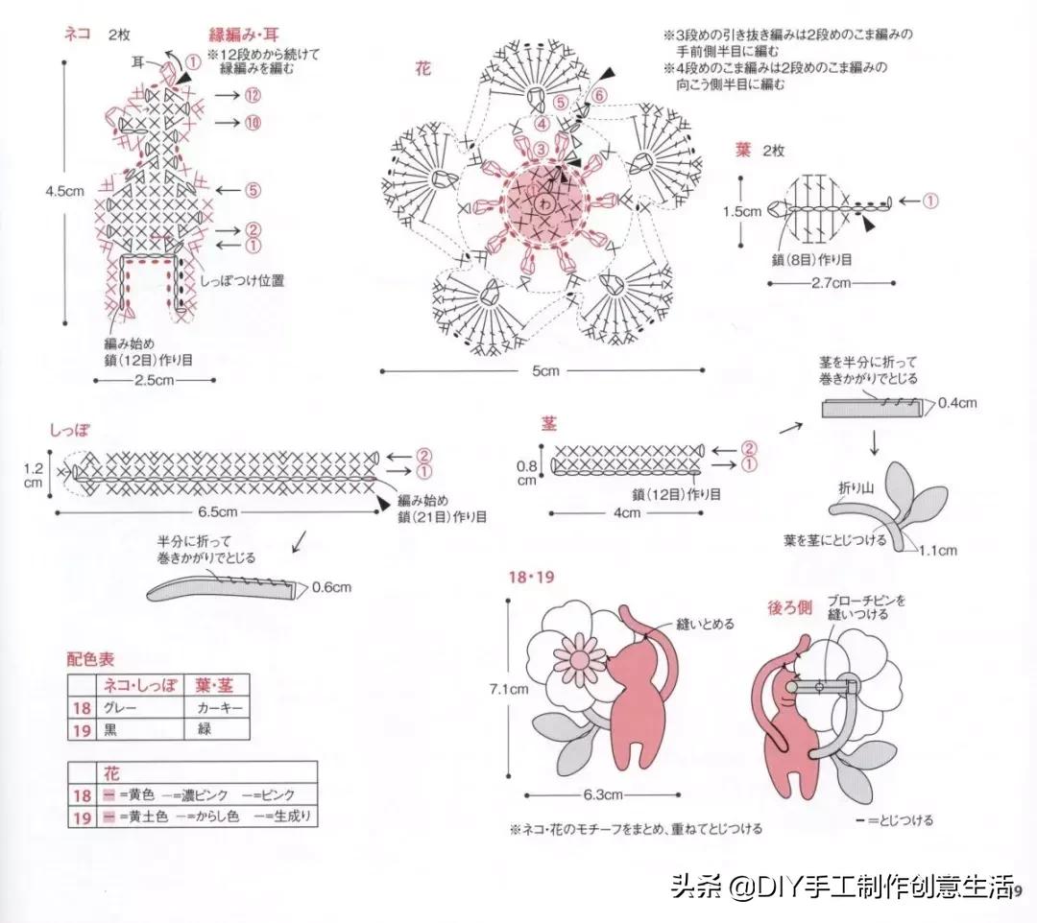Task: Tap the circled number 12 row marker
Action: click(x=253, y=95)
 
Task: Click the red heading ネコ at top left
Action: click(x=77, y=35)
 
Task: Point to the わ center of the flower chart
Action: click(x=544, y=203)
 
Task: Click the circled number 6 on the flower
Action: click(x=599, y=95)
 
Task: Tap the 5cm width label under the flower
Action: click(x=545, y=371)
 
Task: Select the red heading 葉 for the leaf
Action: click(x=743, y=150)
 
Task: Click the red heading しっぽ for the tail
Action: click(x=70, y=429)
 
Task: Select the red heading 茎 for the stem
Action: click(x=548, y=423)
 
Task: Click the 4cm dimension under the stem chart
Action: click(x=626, y=512)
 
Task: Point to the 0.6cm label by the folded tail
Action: click(x=332, y=587)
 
